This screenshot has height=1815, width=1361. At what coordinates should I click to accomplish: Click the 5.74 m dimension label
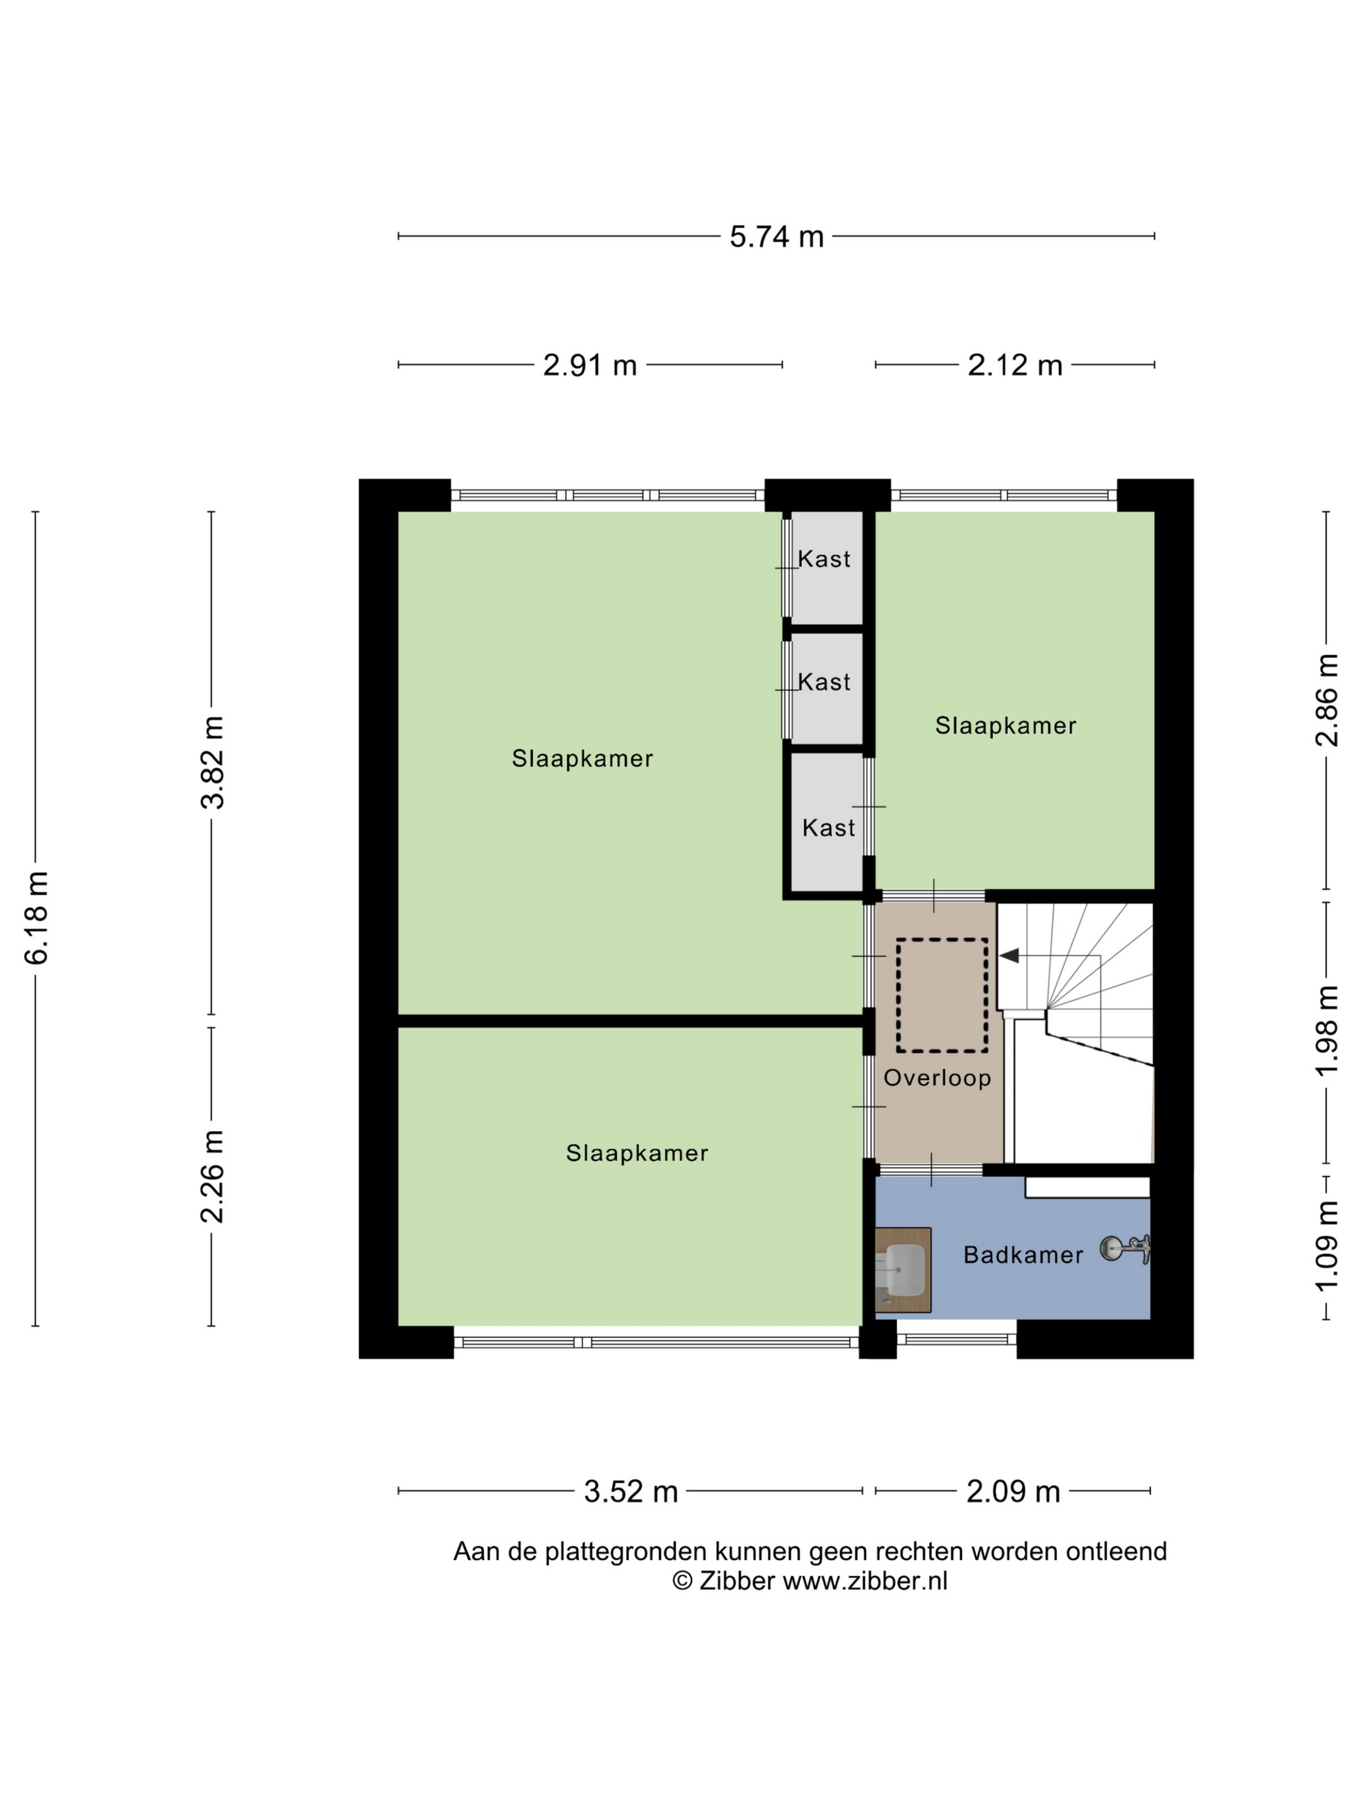click(776, 237)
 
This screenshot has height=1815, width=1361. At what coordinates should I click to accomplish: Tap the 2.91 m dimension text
click(590, 365)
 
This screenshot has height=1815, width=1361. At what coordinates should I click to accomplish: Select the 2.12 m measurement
click(1014, 365)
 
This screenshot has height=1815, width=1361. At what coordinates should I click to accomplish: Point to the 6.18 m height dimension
click(37, 917)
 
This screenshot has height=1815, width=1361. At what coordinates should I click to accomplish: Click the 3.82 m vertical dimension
click(213, 762)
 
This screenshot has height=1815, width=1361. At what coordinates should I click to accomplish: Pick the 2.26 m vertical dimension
click(213, 1176)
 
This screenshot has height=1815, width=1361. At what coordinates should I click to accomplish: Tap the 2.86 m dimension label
click(1326, 700)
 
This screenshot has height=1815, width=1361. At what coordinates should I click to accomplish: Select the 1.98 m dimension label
click(1326, 1031)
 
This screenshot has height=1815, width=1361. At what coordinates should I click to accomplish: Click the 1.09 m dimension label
click(1326, 1246)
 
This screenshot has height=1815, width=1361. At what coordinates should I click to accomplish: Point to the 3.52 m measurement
click(630, 1491)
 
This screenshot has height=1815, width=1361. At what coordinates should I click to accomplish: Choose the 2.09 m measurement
click(1012, 1491)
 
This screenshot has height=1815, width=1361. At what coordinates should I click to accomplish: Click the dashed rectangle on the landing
click(941, 995)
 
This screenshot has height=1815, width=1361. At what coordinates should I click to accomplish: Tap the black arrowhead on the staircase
click(1009, 956)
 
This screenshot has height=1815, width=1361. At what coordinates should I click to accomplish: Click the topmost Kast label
click(824, 559)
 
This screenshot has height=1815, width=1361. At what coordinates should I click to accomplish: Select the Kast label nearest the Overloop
click(828, 828)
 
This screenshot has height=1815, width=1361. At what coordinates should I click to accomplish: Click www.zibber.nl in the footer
click(864, 1580)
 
